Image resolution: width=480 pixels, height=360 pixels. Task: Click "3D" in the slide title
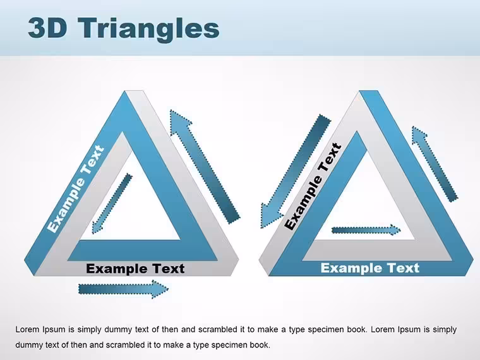point(47,28)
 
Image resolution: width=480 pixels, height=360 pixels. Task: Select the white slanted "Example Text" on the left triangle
point(76,189)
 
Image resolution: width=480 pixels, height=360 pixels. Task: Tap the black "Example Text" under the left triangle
point(135,268)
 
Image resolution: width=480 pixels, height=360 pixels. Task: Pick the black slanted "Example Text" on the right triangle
point(313,186)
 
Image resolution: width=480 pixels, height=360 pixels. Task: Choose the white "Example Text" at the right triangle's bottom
point(370,268)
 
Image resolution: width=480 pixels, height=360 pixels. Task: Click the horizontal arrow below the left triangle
point(123,289)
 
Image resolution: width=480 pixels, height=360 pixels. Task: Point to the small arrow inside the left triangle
point(112,203)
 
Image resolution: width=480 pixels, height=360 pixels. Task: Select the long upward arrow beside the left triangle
point(205,166)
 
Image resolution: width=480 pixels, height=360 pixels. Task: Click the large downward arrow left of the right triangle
point(296,171)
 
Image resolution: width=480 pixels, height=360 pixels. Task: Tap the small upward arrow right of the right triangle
point(435,164)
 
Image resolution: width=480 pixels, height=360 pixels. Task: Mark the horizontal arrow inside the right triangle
point(366,230)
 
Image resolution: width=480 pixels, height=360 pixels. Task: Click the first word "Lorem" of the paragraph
point(28,330)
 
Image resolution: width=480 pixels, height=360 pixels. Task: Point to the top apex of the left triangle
point(134,91)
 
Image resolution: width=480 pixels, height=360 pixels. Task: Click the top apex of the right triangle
point(368,91)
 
